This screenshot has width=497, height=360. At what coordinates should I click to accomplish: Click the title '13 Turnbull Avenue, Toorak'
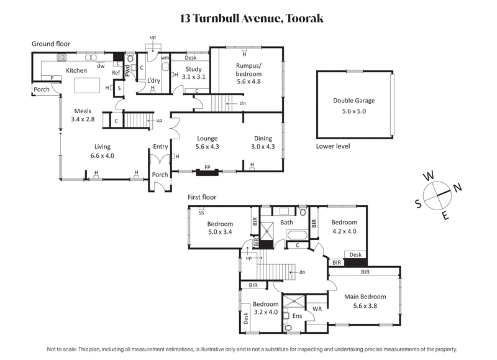pos(248,18)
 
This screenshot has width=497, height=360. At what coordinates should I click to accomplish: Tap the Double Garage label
pos(353,105)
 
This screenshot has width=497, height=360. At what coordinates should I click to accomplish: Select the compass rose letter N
pos(457,187)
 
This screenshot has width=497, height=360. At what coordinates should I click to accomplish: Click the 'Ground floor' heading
pos(51,44)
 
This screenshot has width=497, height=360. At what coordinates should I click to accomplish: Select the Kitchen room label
pos(76,71)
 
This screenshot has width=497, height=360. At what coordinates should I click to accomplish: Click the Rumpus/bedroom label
pos(248,69)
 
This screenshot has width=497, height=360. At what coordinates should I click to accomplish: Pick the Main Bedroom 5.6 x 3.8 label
pos(365,301)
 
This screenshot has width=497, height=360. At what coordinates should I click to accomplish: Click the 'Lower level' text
pos(333,146)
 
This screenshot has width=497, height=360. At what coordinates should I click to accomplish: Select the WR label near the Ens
pos(316,308)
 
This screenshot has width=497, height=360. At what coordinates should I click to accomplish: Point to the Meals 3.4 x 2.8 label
pos(82,114)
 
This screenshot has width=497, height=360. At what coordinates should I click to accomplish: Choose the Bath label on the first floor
pos(286,222)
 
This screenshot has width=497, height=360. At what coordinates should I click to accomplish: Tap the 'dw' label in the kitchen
pos(100,65)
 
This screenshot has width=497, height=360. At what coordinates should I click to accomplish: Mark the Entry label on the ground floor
pos(160,147)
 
